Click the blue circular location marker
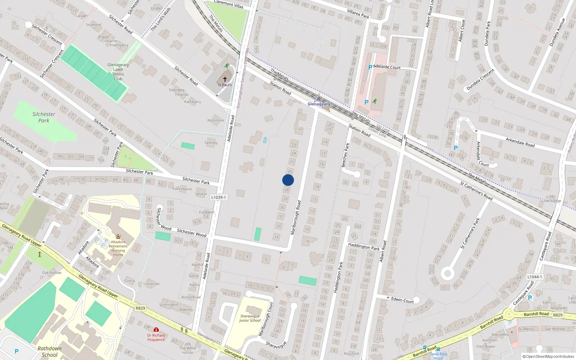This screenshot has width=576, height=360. tap(288, 180)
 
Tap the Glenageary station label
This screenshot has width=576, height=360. tap(319, 104)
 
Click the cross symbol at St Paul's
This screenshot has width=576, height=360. tap(225, 79)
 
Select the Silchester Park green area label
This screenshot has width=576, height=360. tap(44, 117)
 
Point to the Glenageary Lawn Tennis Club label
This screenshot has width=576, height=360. tap(118, 72)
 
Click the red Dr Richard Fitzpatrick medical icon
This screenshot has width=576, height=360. tap(156, 329)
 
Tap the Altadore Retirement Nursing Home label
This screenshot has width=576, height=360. tap(118, 248)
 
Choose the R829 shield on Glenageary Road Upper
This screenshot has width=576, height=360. tap(140, 308)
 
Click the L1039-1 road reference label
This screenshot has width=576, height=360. tap(219, 197)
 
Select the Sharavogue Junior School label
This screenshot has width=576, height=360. tap(250, 318)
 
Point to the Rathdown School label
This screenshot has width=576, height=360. tap(50, 352)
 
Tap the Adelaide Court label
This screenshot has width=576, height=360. tap(387, 67)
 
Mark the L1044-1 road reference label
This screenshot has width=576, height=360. tap(534, 277)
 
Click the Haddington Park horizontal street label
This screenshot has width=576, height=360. tap(364, 247)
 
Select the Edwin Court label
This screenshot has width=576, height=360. tap(402, 300)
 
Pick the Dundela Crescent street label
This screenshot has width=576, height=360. tap(480, 80)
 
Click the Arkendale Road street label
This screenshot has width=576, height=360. tap(520, 142)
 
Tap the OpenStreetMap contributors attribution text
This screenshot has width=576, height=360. tap(548, 357)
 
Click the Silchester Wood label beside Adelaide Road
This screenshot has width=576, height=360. tap(192, 233)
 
